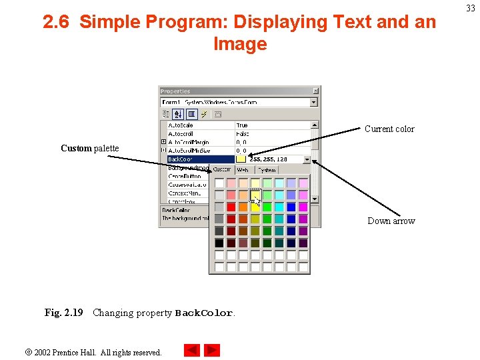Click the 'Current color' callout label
[x=389, y=129]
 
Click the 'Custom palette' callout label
[x=89, y=148]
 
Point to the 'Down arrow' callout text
[x=391, y=221]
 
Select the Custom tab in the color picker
[x=222, y=170]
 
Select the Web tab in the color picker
[x=243, y=170]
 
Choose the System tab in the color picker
[x=267, y=170]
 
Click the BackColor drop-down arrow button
[x=307, y=159]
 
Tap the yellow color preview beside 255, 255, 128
[x=241, y=159]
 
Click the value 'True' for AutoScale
[x=242, y=125]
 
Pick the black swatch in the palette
[x=219, y=243]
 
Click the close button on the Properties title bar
[x=316, y=91]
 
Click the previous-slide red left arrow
[x=191, y=350]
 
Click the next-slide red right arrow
[x=212, y=350]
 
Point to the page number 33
[x=470, y=9]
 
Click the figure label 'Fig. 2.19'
[x=64, y=313]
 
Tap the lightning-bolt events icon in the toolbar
[x=204, y=114]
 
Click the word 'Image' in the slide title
[x=240, y=44]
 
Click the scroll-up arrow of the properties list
[x=315, y=125]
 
